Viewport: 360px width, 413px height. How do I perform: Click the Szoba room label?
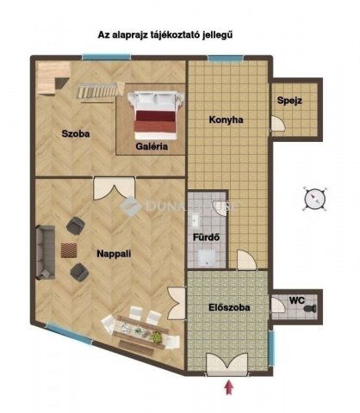(x=76, y=133)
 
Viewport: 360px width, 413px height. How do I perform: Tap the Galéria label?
(x=152, y=146)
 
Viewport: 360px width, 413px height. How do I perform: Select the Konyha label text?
(x=226, y=120)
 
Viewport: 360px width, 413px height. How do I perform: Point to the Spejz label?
(x=289, y=101)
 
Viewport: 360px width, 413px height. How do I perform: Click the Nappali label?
(x=114, y=254)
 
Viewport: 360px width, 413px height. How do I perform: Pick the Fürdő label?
(x=207, y=237)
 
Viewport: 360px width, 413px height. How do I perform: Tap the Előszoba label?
(x=229, y=307)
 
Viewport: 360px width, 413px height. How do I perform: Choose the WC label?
(x=297, y=300)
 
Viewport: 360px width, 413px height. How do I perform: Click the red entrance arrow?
(x=229, y=387)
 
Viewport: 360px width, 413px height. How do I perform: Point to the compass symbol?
(x=315, y=199)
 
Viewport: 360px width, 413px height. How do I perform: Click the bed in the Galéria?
(x=156, y=115)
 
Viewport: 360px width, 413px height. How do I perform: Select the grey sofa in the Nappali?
(x=46, y=252)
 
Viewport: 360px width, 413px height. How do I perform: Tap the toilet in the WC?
(x=310, y=309)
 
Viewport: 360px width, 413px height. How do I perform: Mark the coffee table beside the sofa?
(x=69, y=250)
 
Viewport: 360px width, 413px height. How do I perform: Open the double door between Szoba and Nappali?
(x=115, y=188)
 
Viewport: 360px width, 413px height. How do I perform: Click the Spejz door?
(x=277, y=124)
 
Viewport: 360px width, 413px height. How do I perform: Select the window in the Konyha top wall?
(x=226, y=59)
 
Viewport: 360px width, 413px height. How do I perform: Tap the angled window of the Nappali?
(x=69, y=332)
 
